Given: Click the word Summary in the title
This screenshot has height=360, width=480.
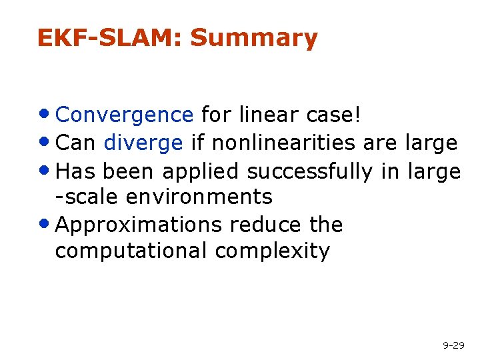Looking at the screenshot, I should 254,39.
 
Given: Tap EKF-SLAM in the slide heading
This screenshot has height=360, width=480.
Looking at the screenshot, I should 110,38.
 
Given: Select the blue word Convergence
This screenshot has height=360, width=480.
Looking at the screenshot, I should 125,115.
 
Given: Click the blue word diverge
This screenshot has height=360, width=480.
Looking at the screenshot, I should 143,143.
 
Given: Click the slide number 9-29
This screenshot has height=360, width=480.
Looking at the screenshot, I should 453,345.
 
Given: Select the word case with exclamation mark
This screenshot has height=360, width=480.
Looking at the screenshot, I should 336,115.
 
